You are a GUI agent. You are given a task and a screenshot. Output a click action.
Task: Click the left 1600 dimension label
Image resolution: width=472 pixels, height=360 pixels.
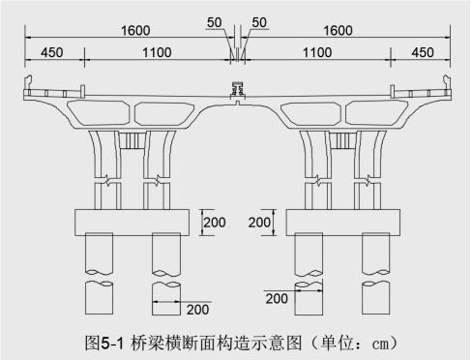click(x=134, y=32)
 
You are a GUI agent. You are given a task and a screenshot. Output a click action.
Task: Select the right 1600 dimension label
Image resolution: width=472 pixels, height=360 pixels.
click(x=338, y=32)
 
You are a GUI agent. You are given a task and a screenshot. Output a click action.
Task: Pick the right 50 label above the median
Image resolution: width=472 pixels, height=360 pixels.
click(x=258, y=21)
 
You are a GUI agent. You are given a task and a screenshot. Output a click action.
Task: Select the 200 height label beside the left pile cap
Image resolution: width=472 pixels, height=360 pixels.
click(x=214, y=223)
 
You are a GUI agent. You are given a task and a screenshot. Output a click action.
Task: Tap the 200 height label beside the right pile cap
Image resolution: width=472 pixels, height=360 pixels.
click(x=261, y=223)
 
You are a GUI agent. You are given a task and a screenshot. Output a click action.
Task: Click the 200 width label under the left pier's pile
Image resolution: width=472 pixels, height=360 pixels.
click(x=197, y=310)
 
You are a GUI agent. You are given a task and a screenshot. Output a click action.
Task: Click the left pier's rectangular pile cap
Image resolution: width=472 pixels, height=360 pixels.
click(x=131, y=223)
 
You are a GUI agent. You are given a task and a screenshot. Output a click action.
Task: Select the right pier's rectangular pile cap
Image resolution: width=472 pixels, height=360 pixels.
click(x=342, y=223)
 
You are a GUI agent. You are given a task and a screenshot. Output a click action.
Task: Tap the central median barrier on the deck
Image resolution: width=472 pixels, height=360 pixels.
click(x=236, y=94)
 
